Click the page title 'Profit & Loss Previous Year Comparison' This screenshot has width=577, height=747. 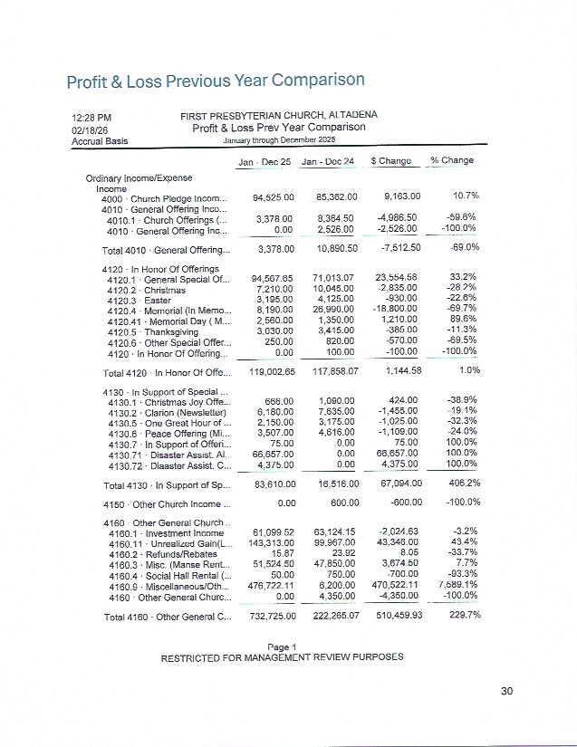coord(215,81)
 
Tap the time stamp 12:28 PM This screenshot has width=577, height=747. coord(91,118)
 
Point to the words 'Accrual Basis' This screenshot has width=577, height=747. coord(100,141)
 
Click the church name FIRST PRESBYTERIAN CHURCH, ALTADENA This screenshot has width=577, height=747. coord(279,115)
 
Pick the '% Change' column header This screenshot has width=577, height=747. coord(452,161)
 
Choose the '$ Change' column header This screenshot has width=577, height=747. coord(391,161)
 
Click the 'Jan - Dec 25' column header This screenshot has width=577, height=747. coord(264,161)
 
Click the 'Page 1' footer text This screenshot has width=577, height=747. coord(282,646)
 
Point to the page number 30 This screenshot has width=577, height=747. coord(506,692)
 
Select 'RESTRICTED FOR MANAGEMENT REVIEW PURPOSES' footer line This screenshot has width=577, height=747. coord(282,657)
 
